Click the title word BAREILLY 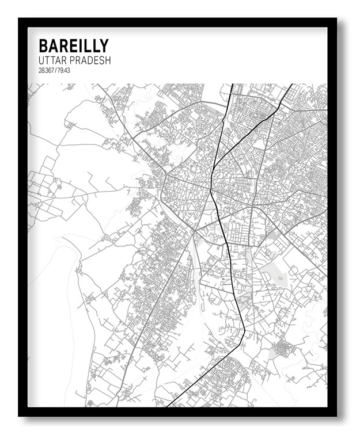[73, 46]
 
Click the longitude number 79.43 [63, 70]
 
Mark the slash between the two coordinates [55, 70]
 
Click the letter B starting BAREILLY [43, 46]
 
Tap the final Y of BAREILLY [104, 46]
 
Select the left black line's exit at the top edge [233, 85]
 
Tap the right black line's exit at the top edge [291, 85]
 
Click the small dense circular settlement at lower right [283, 348]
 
